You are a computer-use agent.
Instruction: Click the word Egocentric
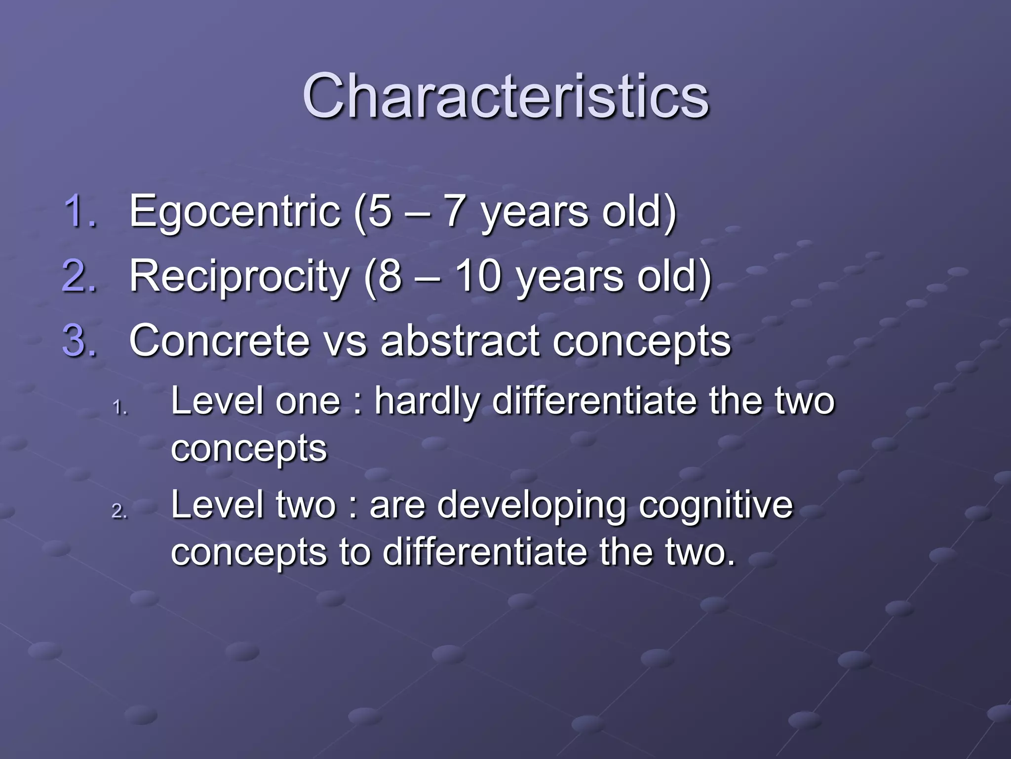pyautogui.click(x=234, y=211)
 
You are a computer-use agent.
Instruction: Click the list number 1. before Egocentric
pyautogui.click(x=80, y=211)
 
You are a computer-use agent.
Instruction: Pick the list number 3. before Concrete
pyautogui.click(x=80, y=340)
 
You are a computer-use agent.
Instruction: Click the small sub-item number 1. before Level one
pyautogui.click(x=120, y=408)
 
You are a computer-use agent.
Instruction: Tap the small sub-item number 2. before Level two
pyautogui.click(x=120, y=512)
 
